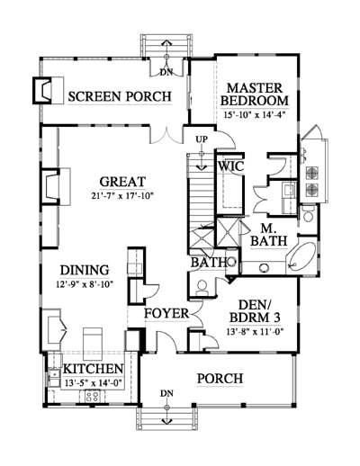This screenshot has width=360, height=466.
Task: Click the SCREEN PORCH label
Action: (120, 96)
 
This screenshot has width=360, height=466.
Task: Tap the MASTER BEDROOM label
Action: (255, 94)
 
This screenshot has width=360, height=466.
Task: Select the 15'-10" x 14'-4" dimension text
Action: (255, 114)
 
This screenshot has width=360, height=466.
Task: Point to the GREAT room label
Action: (122, 182)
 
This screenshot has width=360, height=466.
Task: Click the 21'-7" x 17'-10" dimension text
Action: (122, 196)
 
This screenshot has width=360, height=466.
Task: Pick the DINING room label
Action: (85, 270)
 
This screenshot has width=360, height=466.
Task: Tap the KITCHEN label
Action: (94, 369)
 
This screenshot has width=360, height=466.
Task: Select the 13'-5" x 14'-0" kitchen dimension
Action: (93, 383)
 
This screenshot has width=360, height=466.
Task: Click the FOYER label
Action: (166, 314)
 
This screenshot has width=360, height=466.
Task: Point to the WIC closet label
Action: (230, 166)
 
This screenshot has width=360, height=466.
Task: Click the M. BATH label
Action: (269, 235)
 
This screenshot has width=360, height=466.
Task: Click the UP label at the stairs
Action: (202, 139)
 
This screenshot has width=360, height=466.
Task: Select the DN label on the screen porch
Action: (166, 72)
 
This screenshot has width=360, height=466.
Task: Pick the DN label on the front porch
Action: (166, 393)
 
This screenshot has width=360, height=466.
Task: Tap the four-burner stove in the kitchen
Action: (93, 396)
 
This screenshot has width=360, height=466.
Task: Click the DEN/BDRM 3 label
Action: (255, 311)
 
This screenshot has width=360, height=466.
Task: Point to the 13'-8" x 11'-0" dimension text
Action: (255, 331)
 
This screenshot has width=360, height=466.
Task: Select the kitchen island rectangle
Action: (93, 339)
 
